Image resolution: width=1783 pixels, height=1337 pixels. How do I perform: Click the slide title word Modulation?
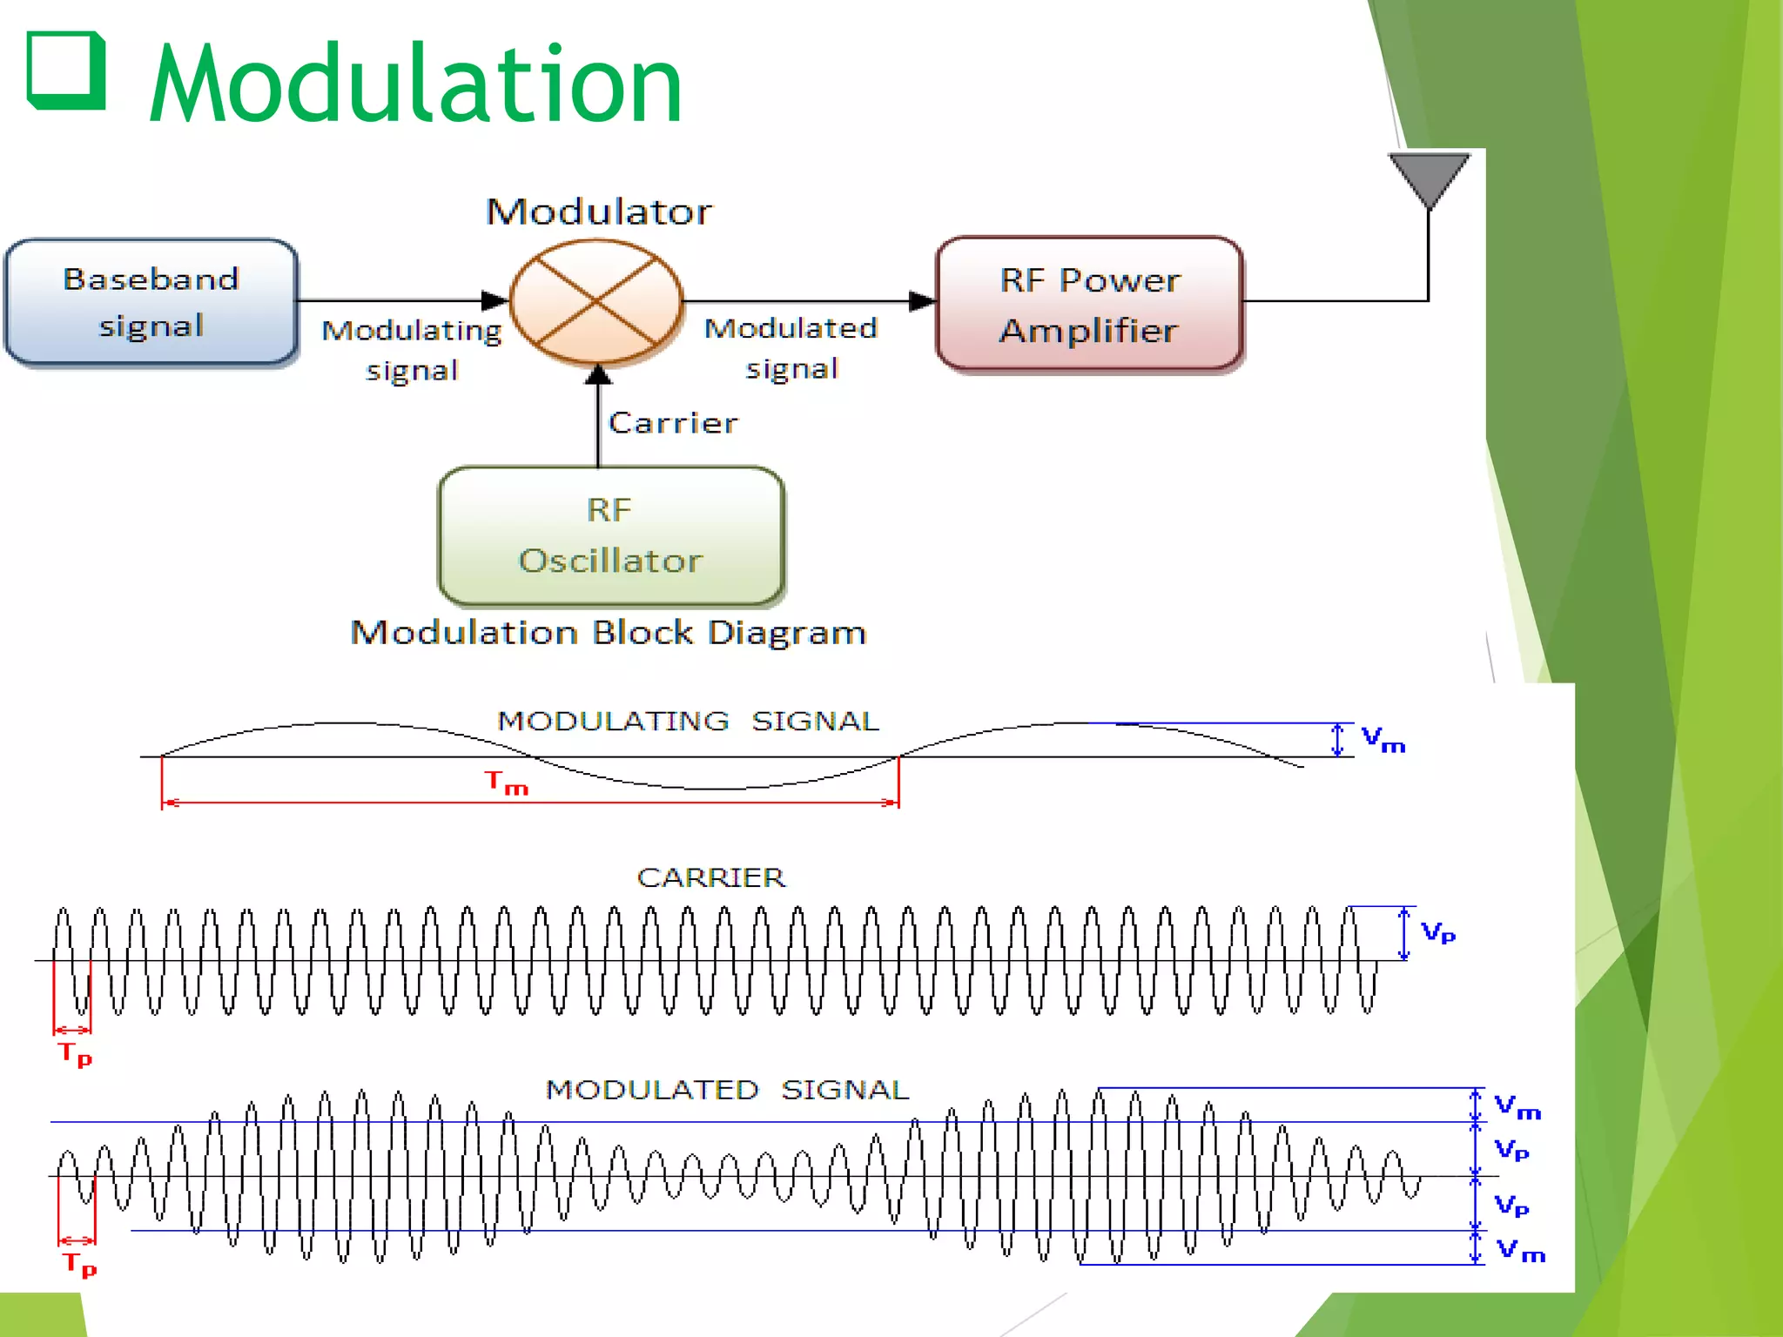[x=416, y=84]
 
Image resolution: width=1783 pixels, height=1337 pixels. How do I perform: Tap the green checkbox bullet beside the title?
[x=66, y=71]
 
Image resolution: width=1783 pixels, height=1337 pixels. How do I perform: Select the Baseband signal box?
[x=151, y=302]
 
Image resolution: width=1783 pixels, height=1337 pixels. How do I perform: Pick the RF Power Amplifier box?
[x=1089, y=305]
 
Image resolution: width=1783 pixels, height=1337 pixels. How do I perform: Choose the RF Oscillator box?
[x=610, y=535]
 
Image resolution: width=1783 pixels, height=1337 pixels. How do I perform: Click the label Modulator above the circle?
[x=599, y=212]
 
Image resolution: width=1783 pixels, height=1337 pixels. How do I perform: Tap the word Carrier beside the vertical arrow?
[x=673, y=423]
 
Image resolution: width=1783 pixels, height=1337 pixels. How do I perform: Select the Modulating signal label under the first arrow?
[x=412, y=350]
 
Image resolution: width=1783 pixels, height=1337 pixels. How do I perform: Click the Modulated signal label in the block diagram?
[x=791, y=348]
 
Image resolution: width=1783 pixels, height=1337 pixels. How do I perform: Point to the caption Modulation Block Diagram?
[x=609, y=633]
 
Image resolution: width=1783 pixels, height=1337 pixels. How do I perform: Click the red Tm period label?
[x=507, y=783]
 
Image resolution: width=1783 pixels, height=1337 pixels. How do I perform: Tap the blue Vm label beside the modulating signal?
[x=1383, y=740]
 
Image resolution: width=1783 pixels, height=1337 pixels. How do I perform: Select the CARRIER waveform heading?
[x=710, y=877]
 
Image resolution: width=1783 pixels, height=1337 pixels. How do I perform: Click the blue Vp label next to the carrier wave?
[x=1437, y=933]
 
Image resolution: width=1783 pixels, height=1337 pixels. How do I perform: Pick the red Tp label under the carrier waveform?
[x=75, y=1054]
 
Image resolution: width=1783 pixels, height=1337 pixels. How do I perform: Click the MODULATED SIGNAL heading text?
[x=727, y=1090]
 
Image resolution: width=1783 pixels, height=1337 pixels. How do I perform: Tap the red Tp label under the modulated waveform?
[x=79, y=1264]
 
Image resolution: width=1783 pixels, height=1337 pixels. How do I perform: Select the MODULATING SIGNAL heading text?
[x=688, y=721]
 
